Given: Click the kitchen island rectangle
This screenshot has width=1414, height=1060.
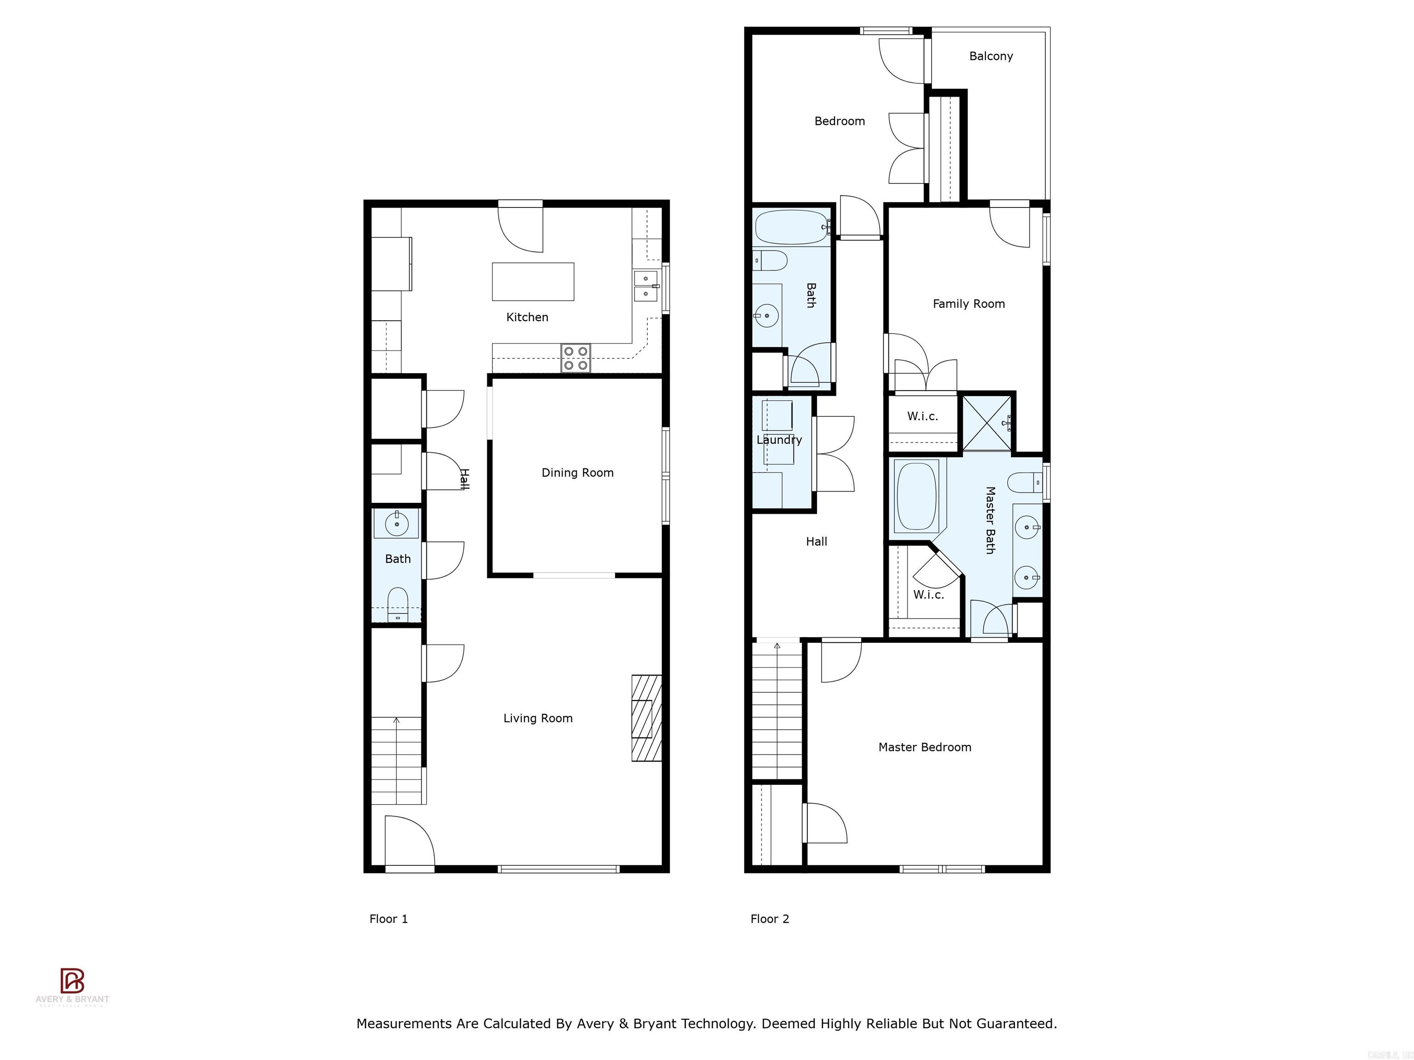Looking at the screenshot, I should tap(533, 281).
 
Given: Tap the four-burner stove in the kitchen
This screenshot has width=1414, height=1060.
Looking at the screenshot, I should tap(575, 358).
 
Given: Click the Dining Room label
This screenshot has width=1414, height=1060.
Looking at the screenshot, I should tap(577, 473).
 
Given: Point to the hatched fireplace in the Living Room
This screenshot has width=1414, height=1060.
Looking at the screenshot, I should tap(646, 718).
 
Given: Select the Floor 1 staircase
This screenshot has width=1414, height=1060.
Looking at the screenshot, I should tap(397, 760).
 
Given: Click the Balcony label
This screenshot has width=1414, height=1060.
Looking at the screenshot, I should tap(991, 56).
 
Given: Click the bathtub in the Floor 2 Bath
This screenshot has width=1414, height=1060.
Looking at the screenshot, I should tap(791, 227).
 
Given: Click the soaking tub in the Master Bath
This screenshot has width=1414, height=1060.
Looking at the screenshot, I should tap(916, 496).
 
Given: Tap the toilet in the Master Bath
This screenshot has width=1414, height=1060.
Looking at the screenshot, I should tap(1025, 483).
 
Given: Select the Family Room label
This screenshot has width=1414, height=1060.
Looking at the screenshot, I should tap(968, 304).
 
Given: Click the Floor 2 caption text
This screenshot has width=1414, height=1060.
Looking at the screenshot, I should tap(770, 919).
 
